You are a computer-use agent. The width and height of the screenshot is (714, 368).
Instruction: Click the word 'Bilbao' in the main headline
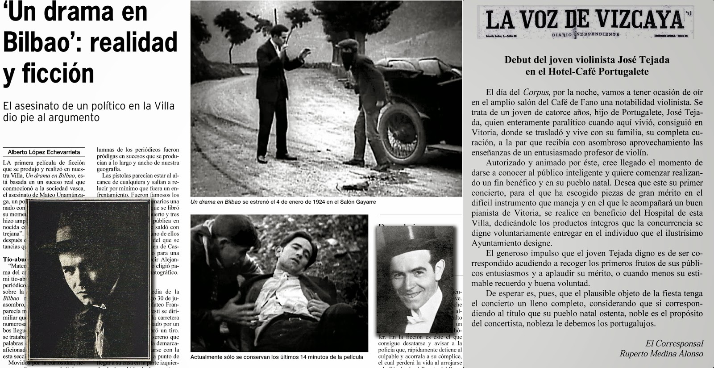[x=40, y=42]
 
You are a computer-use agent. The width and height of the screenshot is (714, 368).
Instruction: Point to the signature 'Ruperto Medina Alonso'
[x=661, y=354]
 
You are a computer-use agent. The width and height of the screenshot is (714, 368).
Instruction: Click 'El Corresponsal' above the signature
[x=674, y=343]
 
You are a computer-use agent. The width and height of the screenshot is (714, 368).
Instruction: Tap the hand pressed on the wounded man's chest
[x=232, y=310]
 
